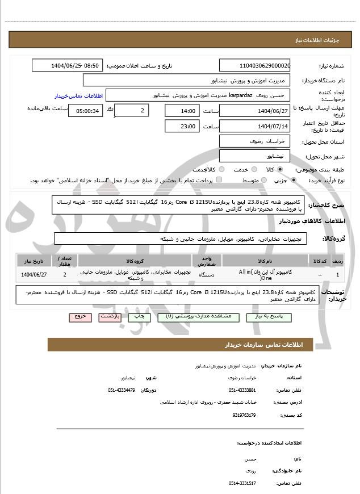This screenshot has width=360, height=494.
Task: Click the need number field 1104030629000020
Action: (x=254, y=65)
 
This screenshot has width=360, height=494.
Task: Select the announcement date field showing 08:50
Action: (x=67, y=65)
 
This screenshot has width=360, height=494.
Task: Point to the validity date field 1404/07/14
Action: (x=254, y=126)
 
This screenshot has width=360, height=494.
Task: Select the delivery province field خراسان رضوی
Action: (x=254, y=141)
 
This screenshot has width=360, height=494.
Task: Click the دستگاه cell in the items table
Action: (x=207, y=275)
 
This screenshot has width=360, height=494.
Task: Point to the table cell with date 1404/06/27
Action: (x=34, y=275)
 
